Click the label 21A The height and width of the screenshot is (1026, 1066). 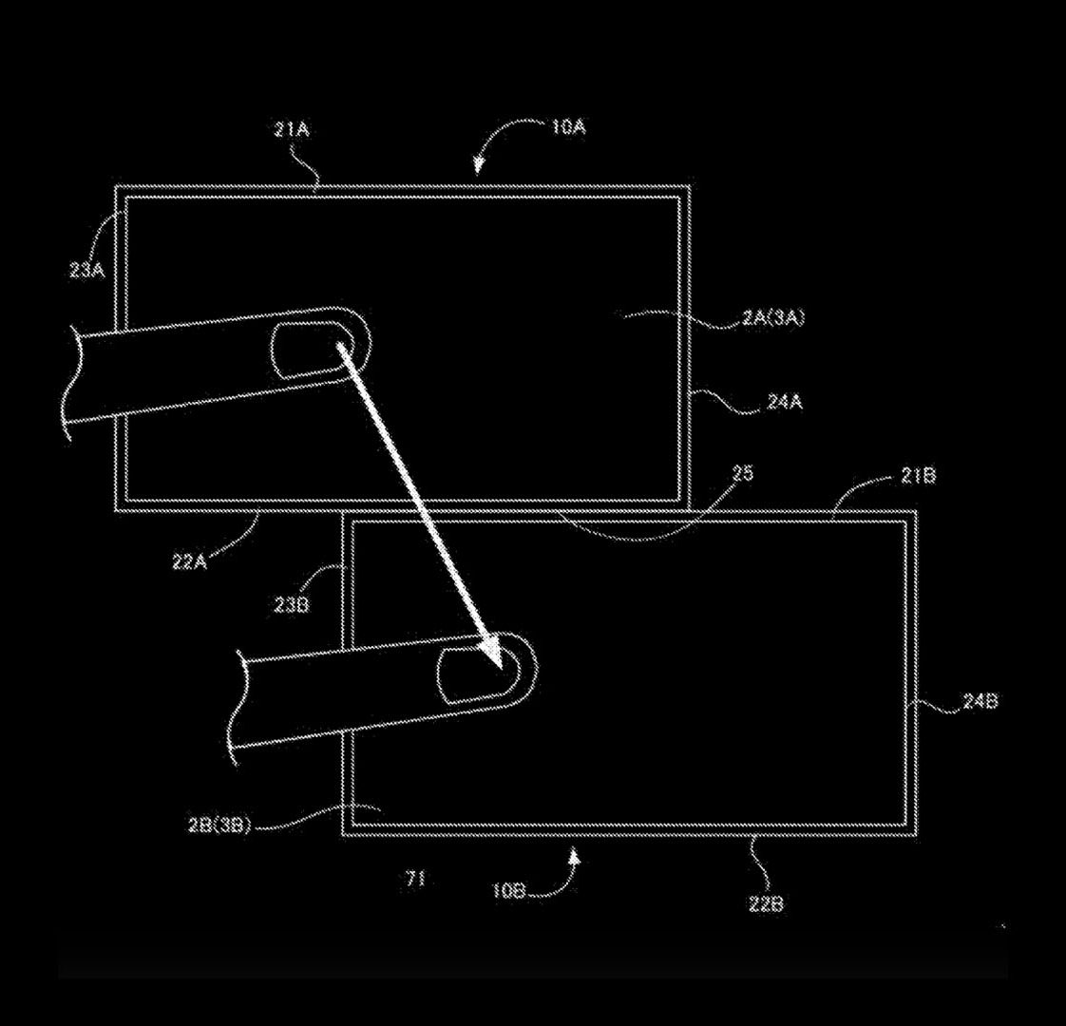pos(293,129)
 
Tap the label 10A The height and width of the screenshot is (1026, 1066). pos(568,126)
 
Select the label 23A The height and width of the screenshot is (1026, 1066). pos(87,271)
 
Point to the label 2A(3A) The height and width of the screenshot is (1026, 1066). pos(773,317)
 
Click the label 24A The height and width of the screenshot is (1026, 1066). pos(785,402)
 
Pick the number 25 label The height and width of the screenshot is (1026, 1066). pos(743,473)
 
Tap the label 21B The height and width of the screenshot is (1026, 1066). pos(918,476)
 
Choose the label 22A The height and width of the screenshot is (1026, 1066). pos(190,562)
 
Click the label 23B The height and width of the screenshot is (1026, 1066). pos(293,604)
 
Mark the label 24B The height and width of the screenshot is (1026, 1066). pos(980,701)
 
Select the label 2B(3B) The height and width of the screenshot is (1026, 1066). pos(219,826)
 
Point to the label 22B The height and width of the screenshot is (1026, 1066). pos(766,903)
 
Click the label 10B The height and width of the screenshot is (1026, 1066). pos(508,891)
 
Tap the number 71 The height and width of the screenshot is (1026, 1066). pos(415,879)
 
